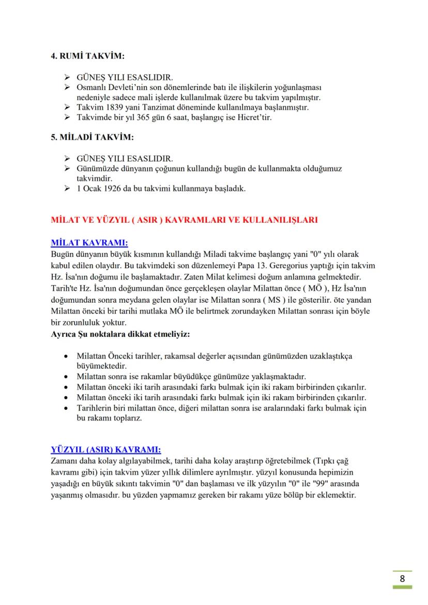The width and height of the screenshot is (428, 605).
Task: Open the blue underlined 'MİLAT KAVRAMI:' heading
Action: coord(89,242)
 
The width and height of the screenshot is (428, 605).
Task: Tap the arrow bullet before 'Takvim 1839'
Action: coord(67,107)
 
